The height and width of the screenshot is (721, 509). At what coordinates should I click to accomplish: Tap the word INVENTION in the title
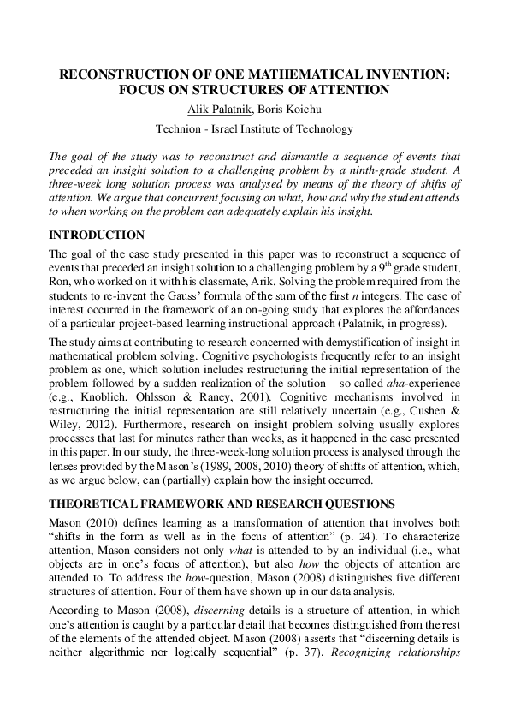pos(401,75)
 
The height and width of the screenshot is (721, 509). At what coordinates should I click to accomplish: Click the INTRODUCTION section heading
pos(97,235)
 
